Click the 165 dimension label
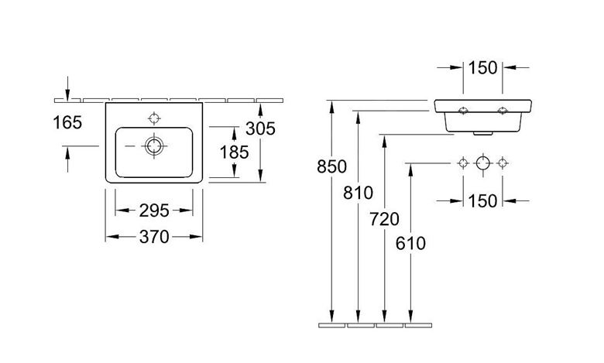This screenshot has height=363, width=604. (67, 123)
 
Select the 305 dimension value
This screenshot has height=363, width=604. (260, 128)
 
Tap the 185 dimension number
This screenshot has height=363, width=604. (234, 152)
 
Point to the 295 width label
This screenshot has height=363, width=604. (154, 211)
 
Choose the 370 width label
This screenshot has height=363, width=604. (154, 237)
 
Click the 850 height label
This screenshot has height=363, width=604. (331, 166)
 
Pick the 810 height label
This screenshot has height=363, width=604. (359, 193)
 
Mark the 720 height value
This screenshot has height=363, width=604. (384, 219)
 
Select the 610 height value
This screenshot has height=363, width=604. (410, 243)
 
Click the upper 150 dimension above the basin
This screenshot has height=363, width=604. (482, 68)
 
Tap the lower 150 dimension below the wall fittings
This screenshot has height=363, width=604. (482, 201)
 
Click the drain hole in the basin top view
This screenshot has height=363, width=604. (154, 146)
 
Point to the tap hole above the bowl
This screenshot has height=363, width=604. (154, 118)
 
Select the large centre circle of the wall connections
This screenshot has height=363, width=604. (482, 163)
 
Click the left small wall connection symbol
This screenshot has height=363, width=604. (463, 163)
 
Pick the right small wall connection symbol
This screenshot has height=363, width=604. (503, 163)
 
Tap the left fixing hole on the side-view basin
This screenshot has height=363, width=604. (463, 111)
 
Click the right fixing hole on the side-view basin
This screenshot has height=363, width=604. (503, 111)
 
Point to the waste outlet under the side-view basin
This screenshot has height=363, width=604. (482, 133)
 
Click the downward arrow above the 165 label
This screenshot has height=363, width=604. (68, 88)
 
